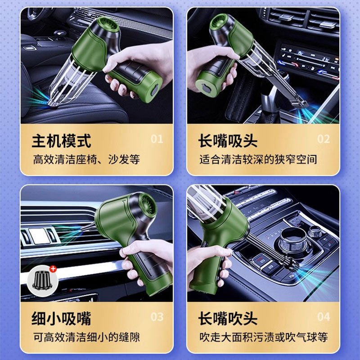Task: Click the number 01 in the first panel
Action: [157, 139]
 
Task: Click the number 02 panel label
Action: [324, 139]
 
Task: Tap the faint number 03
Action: [157, 317]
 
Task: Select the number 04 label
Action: [324, 317]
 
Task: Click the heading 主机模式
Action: [61, 141]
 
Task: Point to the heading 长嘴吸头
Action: [228, 141]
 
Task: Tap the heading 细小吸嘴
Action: [61, 319]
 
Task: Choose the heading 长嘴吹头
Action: [228, 319]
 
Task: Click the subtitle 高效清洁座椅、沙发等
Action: [86, 159]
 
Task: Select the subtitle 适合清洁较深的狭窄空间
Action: [258, 159]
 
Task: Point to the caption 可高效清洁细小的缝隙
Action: [86, 337]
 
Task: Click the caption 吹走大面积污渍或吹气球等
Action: [264, 337]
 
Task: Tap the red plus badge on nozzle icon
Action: [53, 269]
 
